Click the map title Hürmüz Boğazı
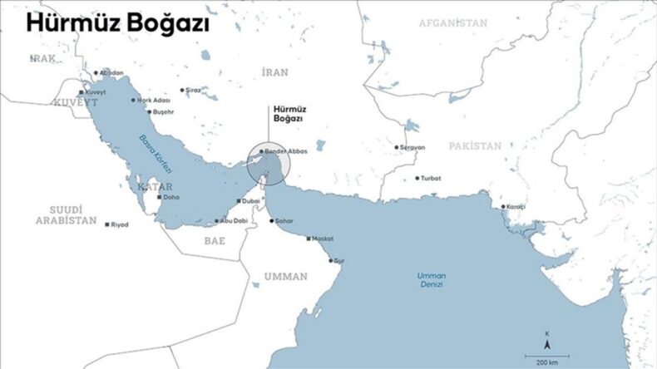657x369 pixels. [x=116, y=23]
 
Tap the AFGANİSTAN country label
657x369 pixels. [x=452, y=23]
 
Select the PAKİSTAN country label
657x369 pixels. [x=475, y=145]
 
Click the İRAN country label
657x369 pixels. [x=274, y=72]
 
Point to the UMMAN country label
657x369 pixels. [x=285, y=276]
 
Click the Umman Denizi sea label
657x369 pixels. [x=432, y=279]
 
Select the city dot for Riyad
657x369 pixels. [x=107, y=224]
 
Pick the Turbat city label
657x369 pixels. [x=431, y=178]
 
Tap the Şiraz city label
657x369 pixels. [x=193, y=89]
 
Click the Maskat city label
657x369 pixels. [x=321, y=238]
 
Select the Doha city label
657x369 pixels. [x=170, y=198]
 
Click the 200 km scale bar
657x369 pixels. [x=546, y=355]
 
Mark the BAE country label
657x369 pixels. [x=215, y=240]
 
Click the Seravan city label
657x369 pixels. [x=412, y=147]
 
